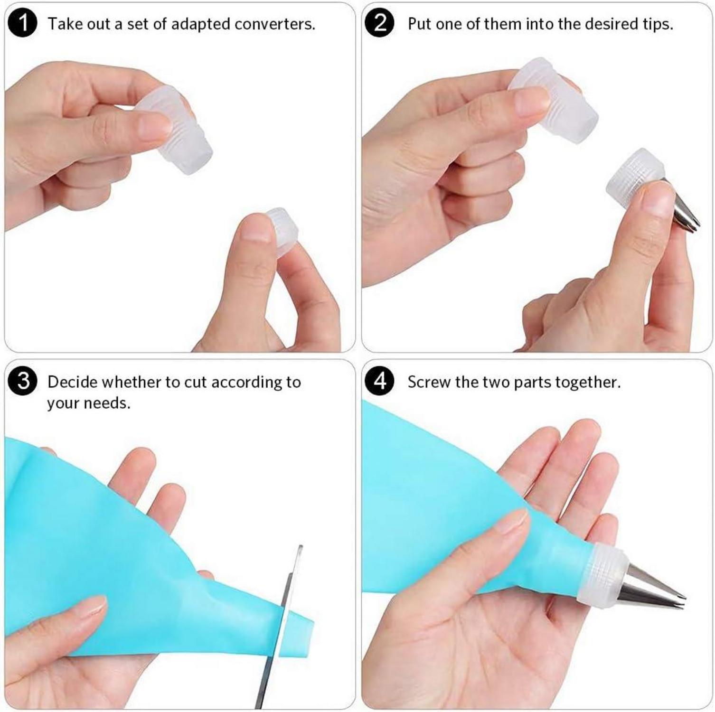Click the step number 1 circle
[x=22, y=24]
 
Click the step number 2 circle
[x=379, y=24]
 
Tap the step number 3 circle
[x=22, y=382]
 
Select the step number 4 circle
[x=379, y=382]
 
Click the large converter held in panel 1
[x=178, y=131]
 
